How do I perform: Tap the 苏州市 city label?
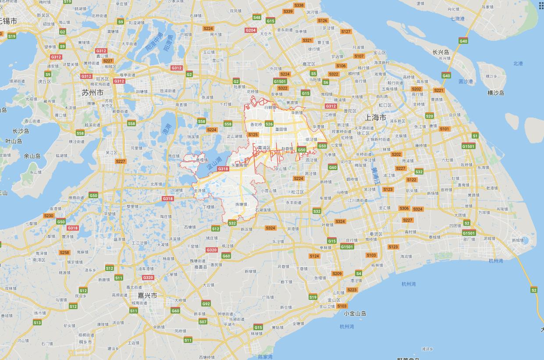92,93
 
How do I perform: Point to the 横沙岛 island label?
496,93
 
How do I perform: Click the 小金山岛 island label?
355,313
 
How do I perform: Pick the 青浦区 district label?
264,148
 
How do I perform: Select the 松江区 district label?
297,192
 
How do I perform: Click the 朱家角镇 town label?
239,165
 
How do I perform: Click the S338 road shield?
299,5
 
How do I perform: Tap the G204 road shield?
251,30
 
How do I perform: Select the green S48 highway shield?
257,18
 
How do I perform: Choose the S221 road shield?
438,90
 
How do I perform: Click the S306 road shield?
404,208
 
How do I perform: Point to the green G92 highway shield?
206,303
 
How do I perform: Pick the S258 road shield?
64,252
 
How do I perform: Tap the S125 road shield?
253,135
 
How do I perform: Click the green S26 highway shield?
269,124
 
